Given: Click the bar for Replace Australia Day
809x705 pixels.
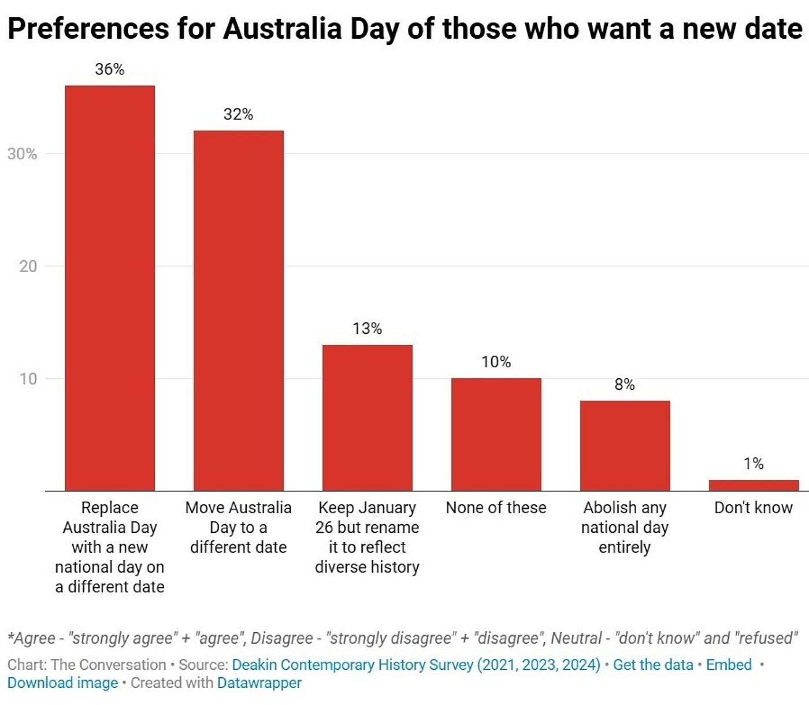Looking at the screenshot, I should [x=110, y=288].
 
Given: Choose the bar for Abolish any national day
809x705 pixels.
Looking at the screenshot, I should [x=625, y=445].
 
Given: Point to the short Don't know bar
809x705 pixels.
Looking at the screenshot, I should [x=754, y=485].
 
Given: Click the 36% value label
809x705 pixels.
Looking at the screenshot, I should [x=110, y=69].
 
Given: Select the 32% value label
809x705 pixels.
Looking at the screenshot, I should [x=239, y=114].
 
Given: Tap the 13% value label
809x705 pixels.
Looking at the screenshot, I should [x=368, y=329].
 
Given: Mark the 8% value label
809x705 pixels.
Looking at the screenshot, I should [x=625, y=385].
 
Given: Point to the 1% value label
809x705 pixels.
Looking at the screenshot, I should [x=754, y=464].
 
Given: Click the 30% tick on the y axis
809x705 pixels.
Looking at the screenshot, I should [x=22, y=154].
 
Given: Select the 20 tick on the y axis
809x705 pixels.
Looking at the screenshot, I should [x=28, y=266].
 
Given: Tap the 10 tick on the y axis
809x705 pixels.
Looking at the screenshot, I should [x=28, y=379].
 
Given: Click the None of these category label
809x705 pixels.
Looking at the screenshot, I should [x=496, y=508].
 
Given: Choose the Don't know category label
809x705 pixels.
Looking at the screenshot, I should [x=754, y=508].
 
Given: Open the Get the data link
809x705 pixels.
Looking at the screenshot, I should [x=653, y=665].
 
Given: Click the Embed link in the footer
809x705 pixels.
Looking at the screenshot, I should [x=729, y=665].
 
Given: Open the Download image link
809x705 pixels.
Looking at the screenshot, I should [x=62, y=682].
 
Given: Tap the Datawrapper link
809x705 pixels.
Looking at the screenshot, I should [x=259, y=682].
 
